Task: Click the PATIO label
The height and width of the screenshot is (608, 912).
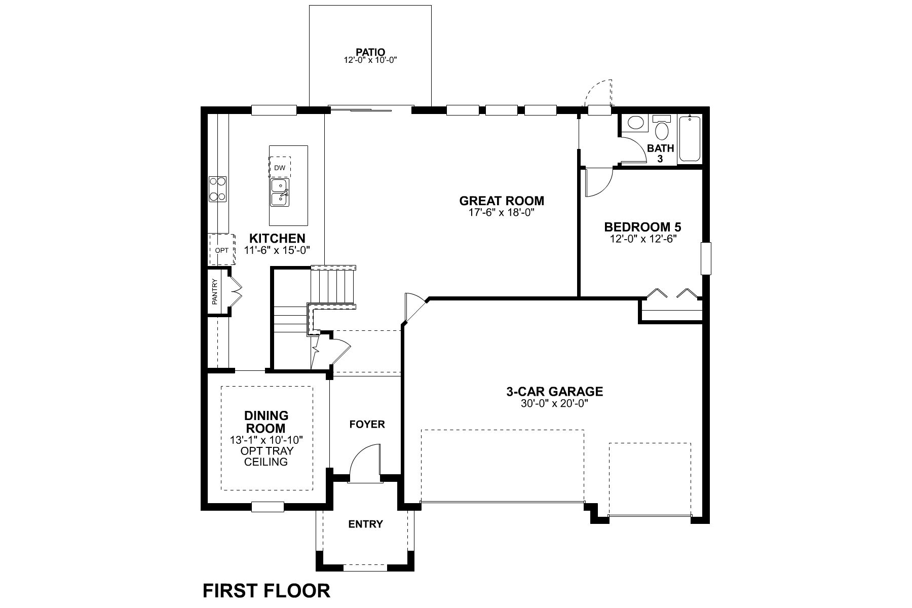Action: tap(370, 52)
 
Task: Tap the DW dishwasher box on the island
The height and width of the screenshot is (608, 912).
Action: tap(280, 167)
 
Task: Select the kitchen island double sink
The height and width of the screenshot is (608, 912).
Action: tap(279, 192)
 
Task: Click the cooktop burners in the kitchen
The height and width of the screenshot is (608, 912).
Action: tap(218, 188)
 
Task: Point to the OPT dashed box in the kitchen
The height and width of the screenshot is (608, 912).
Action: tap(222, 250)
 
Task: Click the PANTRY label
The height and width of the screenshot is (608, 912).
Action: tap(215, 292)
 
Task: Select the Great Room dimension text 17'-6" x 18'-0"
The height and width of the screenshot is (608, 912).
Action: tap(502, 212)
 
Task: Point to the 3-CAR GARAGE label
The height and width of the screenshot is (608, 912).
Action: tap(554, 391)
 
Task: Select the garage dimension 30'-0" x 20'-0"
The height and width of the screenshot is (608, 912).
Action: tap(554, 404)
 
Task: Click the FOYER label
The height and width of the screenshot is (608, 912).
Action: tap(367, 424)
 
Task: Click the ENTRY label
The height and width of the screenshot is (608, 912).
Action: tap(365, 524)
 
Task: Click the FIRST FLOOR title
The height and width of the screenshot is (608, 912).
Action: tap(267, 591)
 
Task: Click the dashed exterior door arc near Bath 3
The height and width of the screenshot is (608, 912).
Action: tap(599, 93)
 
